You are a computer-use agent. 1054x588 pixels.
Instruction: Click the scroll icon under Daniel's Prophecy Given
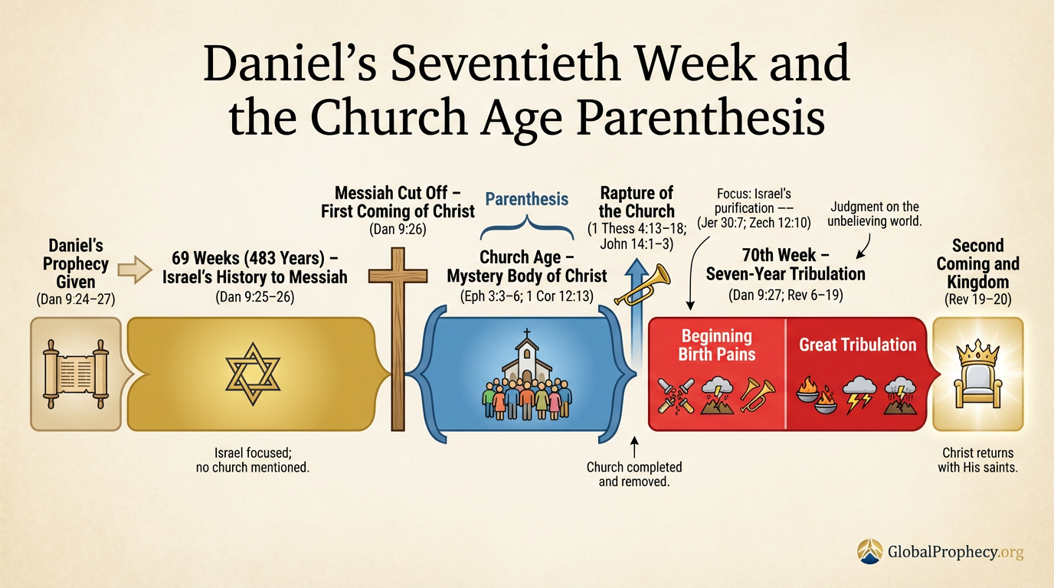[75, 374]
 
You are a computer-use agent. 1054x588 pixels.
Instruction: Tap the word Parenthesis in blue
[527, 199]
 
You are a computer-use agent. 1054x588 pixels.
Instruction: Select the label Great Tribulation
[858, 345]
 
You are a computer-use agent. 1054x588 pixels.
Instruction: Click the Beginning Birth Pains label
[717, 345]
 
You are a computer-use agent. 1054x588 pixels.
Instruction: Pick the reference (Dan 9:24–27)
[75, 299]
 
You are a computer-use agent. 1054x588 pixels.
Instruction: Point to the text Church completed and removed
[633, 475]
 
